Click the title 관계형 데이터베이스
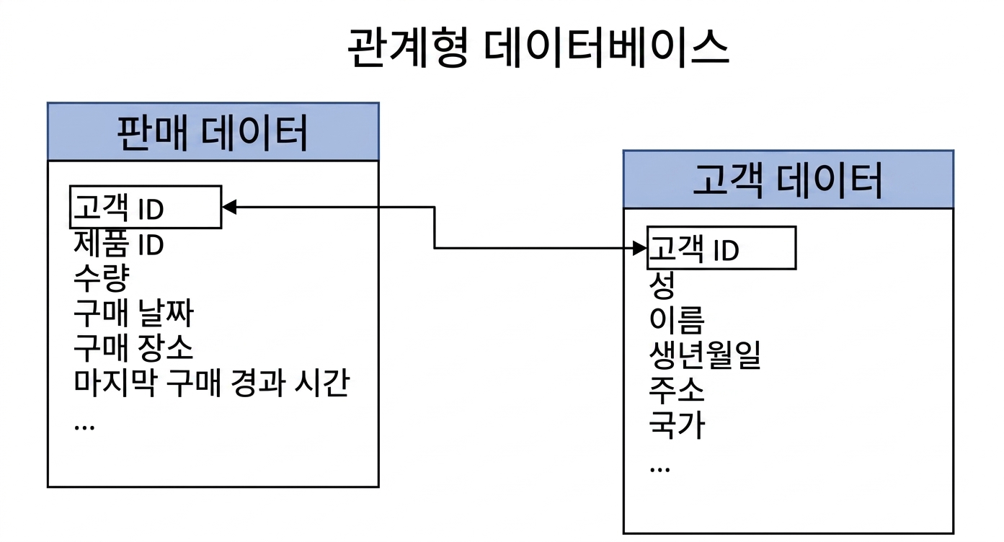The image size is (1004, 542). click(x=538, y=48)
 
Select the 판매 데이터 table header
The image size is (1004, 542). click(x=213, y=132)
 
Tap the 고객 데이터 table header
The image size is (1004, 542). click(x=788, y=179)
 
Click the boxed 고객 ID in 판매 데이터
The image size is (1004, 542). click(x=146, y=207)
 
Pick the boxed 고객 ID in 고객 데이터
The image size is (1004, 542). click(x=721, y=248)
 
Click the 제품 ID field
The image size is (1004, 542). click(x=119, y=244)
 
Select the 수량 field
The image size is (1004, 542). click(x=102, y=278)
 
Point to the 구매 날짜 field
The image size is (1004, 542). click(x=133, y=313)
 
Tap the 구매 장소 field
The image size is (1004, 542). click(x=133, y=348)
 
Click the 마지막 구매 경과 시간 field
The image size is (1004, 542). click(x=212, y=383)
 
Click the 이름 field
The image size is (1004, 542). click(x=677, y=319)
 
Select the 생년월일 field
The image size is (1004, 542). click(x=705, y=355)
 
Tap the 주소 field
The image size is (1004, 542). click(x=677, y=390)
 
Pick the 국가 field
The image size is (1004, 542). click(x=677, y=425)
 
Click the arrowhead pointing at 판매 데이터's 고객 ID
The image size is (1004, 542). click(x=229, y=207)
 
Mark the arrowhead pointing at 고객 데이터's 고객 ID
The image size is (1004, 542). click(x=640, y=248)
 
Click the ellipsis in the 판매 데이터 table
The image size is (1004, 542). click(x=84, y=427)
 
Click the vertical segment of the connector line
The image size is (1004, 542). click(x=435, y=227)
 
